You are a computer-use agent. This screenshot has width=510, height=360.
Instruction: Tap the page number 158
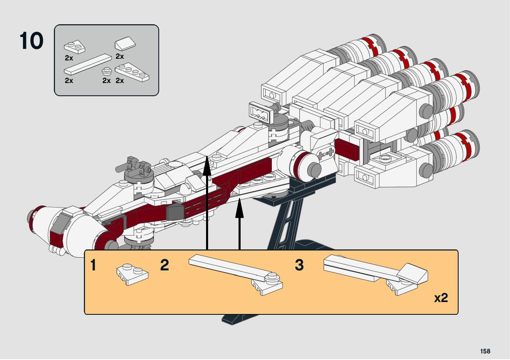(485, 351)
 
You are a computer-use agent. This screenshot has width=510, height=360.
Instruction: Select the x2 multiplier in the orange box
(441, 298)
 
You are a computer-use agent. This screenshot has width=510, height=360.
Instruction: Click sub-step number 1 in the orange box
(93, 265)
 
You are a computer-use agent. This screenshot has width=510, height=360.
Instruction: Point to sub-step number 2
(165, 265)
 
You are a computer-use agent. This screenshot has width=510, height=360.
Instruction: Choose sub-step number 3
(299, 265)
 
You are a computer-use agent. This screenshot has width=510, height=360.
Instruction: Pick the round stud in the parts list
(107, 71)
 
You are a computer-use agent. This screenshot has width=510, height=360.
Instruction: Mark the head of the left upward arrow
(207, 164)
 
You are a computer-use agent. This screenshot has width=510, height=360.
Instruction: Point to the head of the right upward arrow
(239, 205)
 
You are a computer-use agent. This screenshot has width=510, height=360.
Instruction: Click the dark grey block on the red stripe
(174, 212)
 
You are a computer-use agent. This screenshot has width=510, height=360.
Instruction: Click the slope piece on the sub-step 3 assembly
(413, 273)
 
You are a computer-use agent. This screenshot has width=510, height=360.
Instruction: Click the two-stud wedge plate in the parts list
(74, 46)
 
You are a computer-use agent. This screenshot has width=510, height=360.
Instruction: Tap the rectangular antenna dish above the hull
(262, 112)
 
